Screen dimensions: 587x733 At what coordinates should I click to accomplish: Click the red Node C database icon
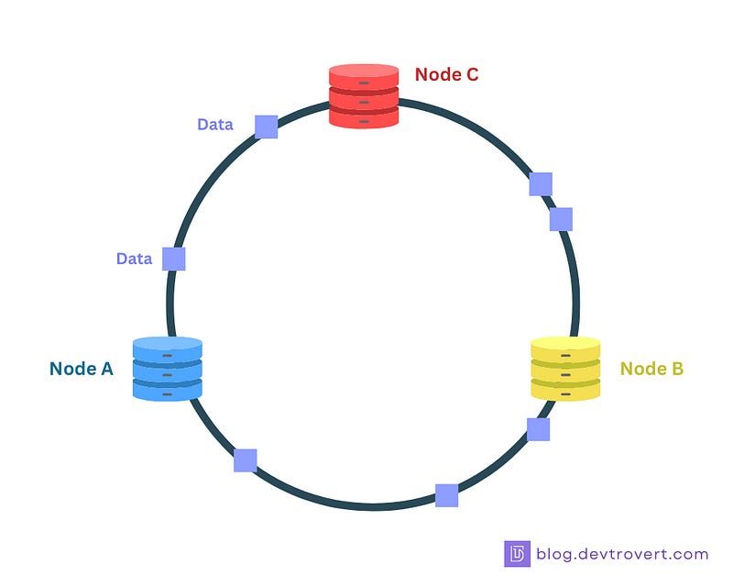pos(364,95)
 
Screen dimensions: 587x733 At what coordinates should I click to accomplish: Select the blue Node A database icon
pos(167,368)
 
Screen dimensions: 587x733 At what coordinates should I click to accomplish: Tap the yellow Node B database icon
pos(565,368)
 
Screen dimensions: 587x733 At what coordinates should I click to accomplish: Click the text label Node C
pos(446,74)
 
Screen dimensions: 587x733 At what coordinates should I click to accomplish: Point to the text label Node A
pos(82,369)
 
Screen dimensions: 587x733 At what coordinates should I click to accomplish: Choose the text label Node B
pos(651,369)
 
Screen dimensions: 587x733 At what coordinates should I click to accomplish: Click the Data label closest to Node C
pos(215,124)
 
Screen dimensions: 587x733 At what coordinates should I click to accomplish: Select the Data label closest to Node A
pos(134,259)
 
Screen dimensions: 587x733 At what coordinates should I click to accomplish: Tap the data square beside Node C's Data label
pos(266,127)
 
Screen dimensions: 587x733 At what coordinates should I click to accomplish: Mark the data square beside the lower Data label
pos(173,259)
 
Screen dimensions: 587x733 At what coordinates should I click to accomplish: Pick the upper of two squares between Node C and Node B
pos(541,184)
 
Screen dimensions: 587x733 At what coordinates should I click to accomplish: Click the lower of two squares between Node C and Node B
pos(561,219)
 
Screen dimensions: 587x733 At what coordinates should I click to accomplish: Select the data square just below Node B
pos(538,428)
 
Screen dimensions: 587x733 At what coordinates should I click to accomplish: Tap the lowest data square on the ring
pos(446,495)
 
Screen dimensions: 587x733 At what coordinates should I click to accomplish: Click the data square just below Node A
pos(245,460)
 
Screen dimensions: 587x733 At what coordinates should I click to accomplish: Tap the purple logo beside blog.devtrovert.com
pos(517,554)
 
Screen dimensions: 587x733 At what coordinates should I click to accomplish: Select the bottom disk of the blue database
pos(167,389)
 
